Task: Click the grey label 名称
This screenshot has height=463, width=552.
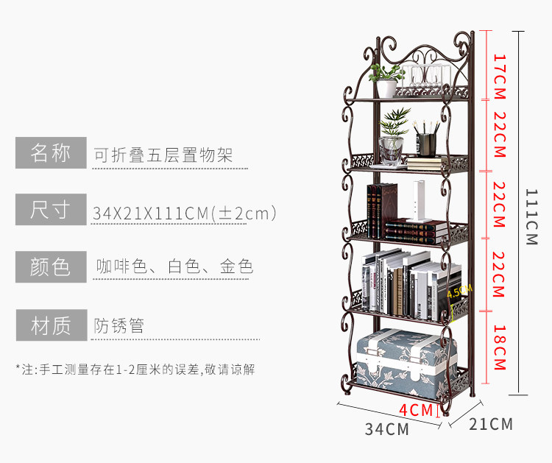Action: click(50, 153)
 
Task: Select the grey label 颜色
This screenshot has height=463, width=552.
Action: click(50, 266)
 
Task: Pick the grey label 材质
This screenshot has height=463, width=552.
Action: click(50, 325)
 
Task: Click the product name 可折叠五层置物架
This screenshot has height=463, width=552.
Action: click(163, 155)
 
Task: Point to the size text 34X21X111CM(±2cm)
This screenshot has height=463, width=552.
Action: click(185, 213)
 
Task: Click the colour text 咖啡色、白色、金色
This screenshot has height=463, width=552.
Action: click(174, 266)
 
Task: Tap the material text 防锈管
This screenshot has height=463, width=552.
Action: click(119, 325)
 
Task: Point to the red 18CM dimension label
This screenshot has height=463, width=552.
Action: click(499, 347)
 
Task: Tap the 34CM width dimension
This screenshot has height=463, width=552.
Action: click(386, 429)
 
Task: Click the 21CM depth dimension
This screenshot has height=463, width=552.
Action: click(490, 424)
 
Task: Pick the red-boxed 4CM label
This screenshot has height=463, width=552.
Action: click(417, 410)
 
